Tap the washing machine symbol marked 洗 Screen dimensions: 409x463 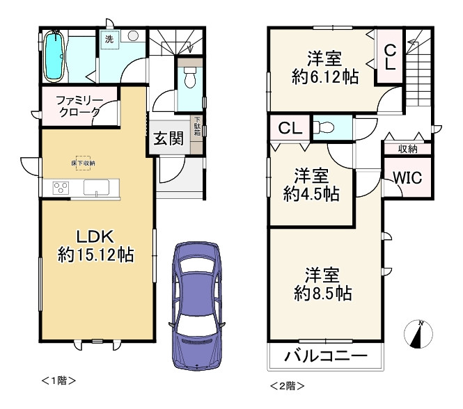click(109, 40)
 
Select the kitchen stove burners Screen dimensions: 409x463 click(61, 188)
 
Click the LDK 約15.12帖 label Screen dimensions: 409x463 click(95, 245)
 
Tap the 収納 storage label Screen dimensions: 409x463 click(407, 149)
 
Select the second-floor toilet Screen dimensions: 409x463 click(324, 127)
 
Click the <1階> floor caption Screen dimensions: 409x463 click(58, 380)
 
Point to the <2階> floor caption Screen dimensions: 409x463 click(287, 384)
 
